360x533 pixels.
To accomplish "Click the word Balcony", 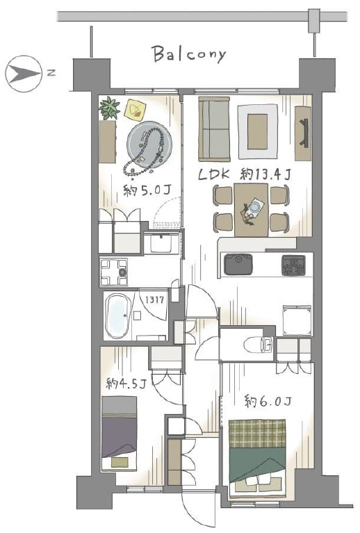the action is [x=188, y=54].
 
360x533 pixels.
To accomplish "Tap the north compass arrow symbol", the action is [x=24, y=74].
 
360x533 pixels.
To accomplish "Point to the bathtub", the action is [x=117, y=316].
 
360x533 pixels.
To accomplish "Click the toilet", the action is [x=258, y=345].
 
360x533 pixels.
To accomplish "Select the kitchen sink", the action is [x=238, y=265].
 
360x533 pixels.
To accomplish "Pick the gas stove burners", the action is [x=293, y=265].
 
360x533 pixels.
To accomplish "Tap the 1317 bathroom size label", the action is [x=155, y=300].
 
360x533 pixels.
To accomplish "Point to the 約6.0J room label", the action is [x=268, y=402].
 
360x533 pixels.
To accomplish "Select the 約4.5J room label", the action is [x=126, y=384].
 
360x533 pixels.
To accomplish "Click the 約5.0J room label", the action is [x=147, y=190].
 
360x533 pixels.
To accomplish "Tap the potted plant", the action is [x=109, y=108].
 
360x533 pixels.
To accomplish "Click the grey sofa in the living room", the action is [x=214, y=129].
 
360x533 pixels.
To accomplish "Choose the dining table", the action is [x=251, y=210].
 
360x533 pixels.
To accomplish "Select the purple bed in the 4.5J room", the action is [x=120, y=434].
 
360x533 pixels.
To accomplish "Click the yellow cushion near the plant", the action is [x=136, y=110].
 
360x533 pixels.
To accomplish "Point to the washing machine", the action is [x=113, y=272].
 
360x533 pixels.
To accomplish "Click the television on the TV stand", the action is [x=304, y=133].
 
